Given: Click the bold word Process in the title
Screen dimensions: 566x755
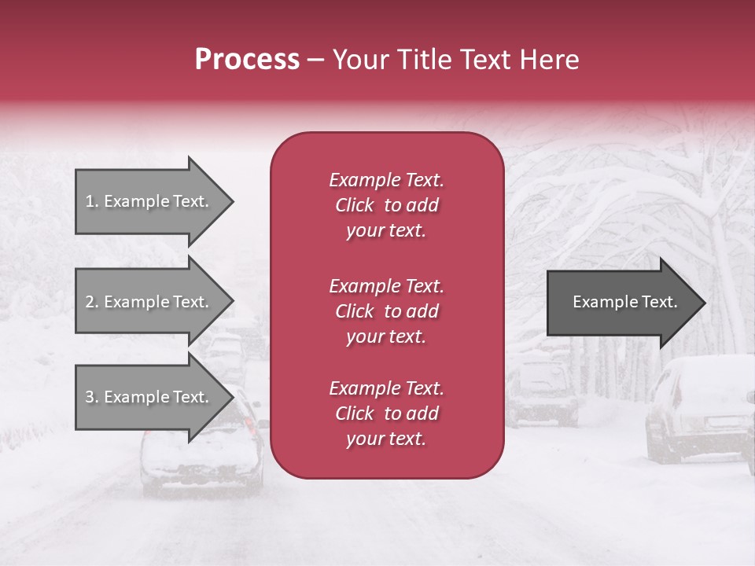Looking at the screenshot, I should click(x=247, y=60).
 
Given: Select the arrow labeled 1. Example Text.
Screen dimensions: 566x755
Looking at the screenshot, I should click(x=149, y=201).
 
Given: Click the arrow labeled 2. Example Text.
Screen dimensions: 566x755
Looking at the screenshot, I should click(x=149, y=302).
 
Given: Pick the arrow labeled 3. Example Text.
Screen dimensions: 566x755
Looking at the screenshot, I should click(x=149, y=397).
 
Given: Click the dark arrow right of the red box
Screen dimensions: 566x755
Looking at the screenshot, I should click(x=621, y=302).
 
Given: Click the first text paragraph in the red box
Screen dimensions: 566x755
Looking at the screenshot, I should click(x=386, y=205).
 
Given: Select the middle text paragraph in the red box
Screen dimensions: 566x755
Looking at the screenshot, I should click(x=386, y=311).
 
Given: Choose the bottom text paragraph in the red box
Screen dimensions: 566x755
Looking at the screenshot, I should click(x=386, y=413).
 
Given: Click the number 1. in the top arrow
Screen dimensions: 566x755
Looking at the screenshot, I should click(x=92, y=201).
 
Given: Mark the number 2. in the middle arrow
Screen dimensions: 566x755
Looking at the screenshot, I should click(x=92, y=302).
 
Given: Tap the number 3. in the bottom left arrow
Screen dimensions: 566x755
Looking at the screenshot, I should click(x=92, y=397).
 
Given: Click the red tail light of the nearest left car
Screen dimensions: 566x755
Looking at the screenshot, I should click(x=250, y=425).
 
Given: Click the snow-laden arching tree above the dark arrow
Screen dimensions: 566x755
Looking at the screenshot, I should click(x=629, y=189).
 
